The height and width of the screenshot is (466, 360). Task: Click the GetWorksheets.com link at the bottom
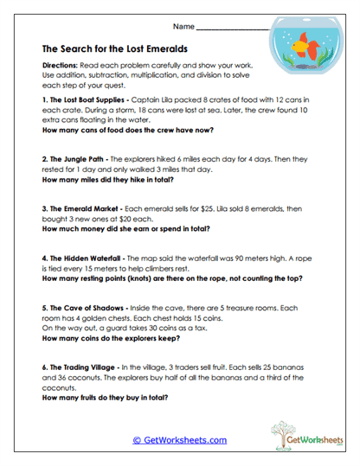179,440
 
